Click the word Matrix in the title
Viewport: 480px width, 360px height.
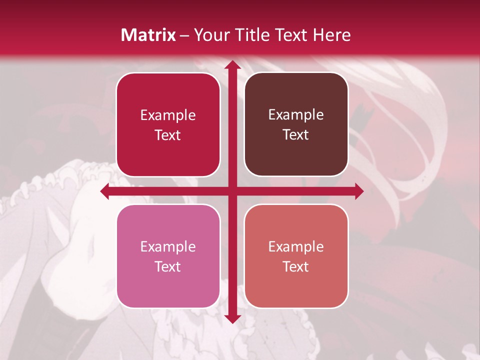tap(148, 35)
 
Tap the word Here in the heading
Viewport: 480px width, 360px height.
tap(332, 35)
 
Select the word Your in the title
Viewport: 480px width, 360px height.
tap(209, 35)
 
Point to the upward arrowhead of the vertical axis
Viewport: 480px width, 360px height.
tap(232, 64)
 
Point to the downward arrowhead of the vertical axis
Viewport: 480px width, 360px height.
tap(232, 318)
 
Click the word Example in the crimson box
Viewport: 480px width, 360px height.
tap(168, 115)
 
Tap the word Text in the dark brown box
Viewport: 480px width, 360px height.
tap(296, 134)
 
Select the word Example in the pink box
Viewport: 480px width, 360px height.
tap(168, 246)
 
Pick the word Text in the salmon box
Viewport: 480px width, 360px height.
tap(296, 266)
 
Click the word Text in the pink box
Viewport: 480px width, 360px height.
tap(168, 266)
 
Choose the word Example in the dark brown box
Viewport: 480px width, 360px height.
tap(296, 114)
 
